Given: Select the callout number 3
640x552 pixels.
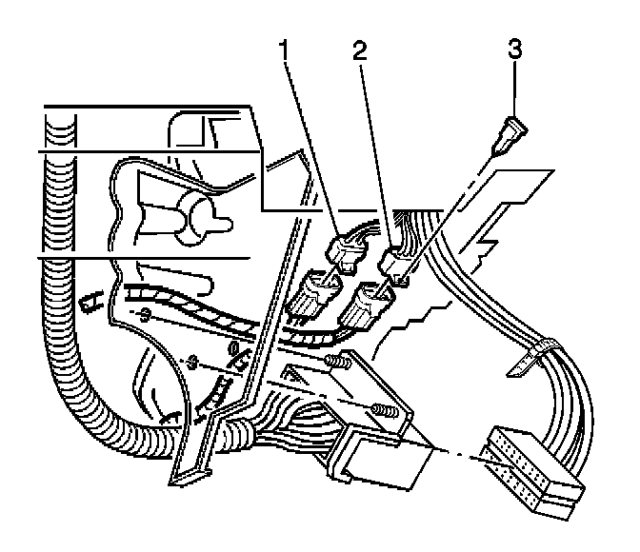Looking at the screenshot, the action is (x=515, y=49).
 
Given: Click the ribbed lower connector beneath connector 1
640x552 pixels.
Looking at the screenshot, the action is (x=317, y=300).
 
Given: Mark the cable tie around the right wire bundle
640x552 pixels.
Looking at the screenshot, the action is (x=538, y=346).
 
